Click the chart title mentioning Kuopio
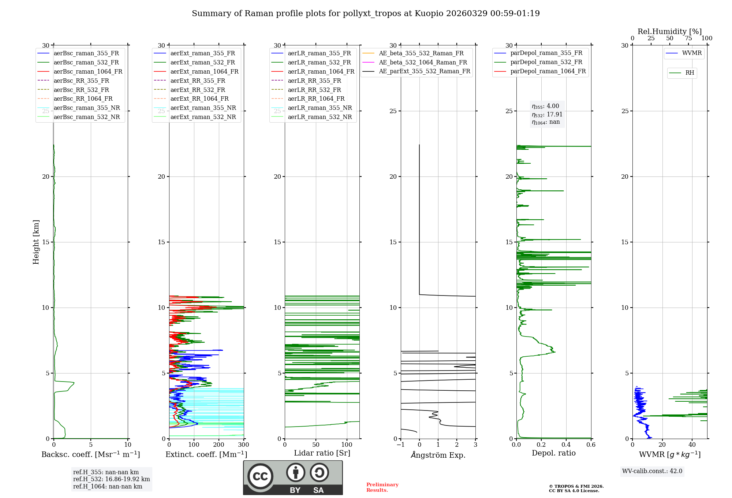pyautogui.click(x=366, y=14)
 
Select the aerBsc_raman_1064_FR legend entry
pyautogui.click(x=88, y=72)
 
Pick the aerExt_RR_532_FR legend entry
pyautogui.click(x=198, y=90)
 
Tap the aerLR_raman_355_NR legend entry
pyautogui.click(x=320, y=108)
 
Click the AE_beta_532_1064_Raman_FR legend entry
pyautogui.click(x=423, y=63)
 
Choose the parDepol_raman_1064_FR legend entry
pyautogui.click(x=548, y=71)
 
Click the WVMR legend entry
pyautogui.click(x=692, y=53)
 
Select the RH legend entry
pyautogui.click(x=690, y=73)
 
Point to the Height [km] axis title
pyautogui.click(x=36, y=242)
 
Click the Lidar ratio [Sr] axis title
pyautogui.click(x=322, y=453)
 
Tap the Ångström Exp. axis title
pyautogui.click(x=438, y=455)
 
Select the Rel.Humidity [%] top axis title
pyautogui.click(x=669, y=31)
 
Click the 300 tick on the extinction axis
pyautogui.click(x=243, y=445)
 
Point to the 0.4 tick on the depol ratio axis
pyautogui.click(x=566, y=445)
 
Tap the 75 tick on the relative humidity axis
pyautogui.click(x=688, y=38)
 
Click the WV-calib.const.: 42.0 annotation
pyautogui.click(x=652, y=471)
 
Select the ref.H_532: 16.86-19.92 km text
pyautogui.click(x=111, y=479)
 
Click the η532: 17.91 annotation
pyautogui.click(x=547, y=115)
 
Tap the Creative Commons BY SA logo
pyautogui.click(x=293, y=477)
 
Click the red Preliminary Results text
pyautogui.click(x=382, y=487)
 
